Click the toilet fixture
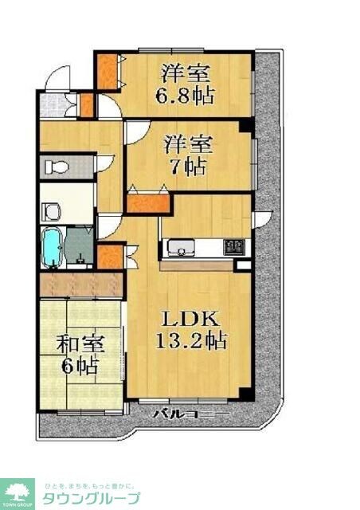(56, 167)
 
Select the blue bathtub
(51, 248)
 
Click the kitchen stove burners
(233, 248)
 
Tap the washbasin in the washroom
(52, 211)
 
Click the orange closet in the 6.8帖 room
(106, 71)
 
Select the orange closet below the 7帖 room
(147, 202)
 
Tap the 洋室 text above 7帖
(189, 145)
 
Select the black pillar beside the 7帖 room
(246, 125)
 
